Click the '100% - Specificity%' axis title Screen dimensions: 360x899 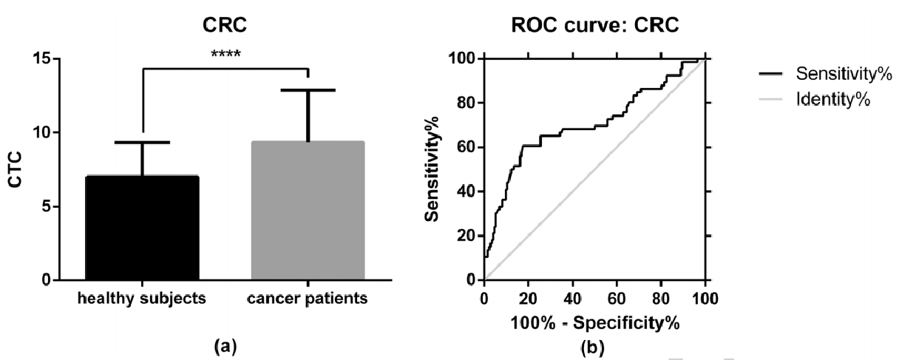pyautogui.click(x=595, y=322)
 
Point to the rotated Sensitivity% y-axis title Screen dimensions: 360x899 pyautogui.click(x=437, y=169)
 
